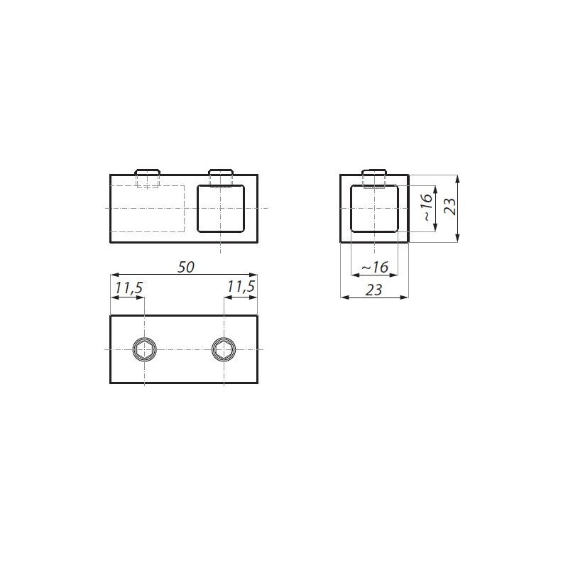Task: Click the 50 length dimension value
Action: pos(186,268)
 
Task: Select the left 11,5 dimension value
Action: pos(129,288)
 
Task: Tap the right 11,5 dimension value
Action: pos(241,287)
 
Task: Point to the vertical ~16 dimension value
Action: pos(427,207)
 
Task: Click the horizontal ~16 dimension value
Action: pos(375,268)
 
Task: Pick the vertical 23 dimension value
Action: pos(451,207)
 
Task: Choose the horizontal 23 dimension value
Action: pos(374,290)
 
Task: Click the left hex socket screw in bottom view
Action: pos(145,349)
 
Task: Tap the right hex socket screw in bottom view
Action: pos(224,349)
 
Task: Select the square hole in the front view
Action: pos(221,208)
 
